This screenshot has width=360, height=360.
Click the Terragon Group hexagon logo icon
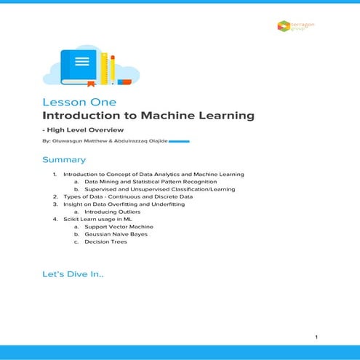284,26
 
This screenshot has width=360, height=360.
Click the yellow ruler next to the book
104,67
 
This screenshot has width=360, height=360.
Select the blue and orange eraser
124,81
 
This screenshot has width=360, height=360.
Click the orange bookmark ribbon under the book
91,84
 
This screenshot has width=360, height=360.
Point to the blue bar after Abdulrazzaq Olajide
179,142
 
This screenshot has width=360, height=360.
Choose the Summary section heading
64,159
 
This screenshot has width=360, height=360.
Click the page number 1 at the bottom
316,337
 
